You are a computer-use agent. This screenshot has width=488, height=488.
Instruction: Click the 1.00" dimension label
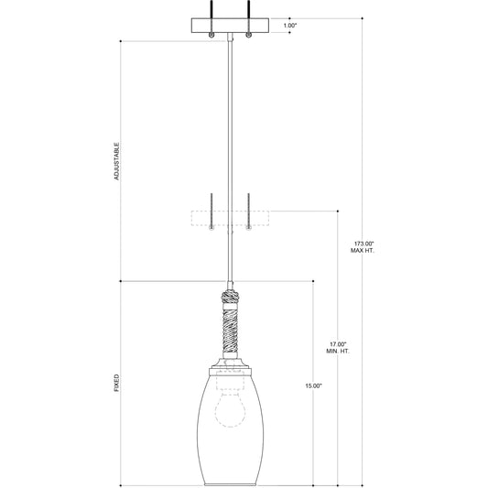click(x=290, y=26)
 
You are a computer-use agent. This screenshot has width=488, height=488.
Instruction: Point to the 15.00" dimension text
click(x=313, y=386)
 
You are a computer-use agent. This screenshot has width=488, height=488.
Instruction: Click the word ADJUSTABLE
click(x=116, y=160)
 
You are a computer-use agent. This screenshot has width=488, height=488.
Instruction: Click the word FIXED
click(x=116, y=382)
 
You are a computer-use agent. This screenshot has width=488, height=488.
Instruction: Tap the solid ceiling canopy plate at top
click(x=230, y=25)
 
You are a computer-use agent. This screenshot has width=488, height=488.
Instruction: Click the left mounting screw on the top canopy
click(x=212, y=34)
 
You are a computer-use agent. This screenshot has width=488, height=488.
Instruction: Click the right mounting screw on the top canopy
click(x=247, y=34)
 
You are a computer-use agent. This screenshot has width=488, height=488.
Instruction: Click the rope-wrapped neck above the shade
click(x=230, y=335)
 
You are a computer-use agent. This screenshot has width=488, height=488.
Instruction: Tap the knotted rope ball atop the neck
click(x=230, y=298)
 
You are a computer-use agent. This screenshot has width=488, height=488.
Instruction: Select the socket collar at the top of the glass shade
click(x=230, y=368)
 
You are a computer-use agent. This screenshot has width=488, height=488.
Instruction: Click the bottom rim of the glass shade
click(x=230, y=483)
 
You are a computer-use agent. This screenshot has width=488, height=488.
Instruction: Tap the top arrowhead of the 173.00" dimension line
click(x=363, y=18)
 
